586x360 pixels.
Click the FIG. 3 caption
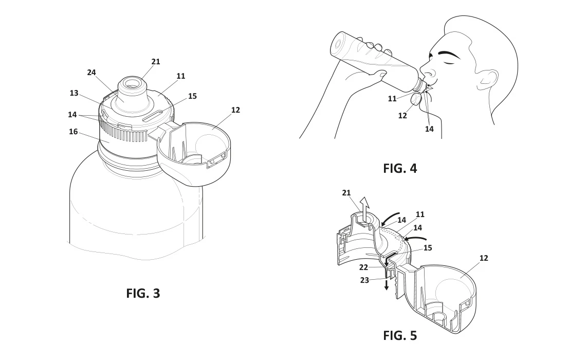(x=143, y=294)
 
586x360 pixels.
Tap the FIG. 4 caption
(x=400, y=169)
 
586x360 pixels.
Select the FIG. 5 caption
(x=400, y=336)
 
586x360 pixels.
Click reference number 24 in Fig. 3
(x=91, y=73)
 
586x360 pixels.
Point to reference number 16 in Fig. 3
(x=73, y=132)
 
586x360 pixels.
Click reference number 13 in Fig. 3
(x=74, y=93)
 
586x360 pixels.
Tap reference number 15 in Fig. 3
(x=192, y=96)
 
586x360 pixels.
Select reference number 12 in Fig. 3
(x=235, y=110)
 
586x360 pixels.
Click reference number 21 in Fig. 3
(x=155, y=62)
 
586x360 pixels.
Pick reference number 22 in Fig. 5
(x=363, y=267)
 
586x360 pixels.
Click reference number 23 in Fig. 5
(x=364, y=280)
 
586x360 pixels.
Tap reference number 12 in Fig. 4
(x=402, y=116)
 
